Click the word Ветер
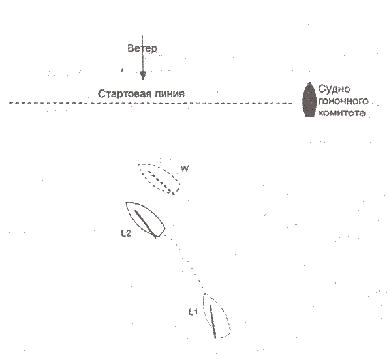[x=142, y=48]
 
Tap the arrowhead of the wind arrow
[x=143, y=76]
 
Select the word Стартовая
[x=123, y=94]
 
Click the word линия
[x=168, y=94]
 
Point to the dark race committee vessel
[x=309, y=100]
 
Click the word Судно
[x=334, y=89]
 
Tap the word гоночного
[x=343, y=101]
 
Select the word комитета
[x=342, y=113]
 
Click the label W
[x=185, y=169]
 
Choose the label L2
[x=126, y=233]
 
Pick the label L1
[x=193, y=312]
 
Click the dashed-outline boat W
[x=159, y=179]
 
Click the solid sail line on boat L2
[x=145, y=223]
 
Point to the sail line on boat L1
[x=213, y=322]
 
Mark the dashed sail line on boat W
[x=161, y=183]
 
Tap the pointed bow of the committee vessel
[x=309, y=82]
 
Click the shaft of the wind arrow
[x=142, y=53]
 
